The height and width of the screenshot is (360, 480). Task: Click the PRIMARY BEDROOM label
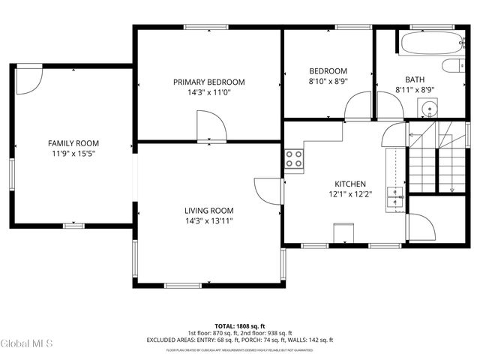(x=208, y=82)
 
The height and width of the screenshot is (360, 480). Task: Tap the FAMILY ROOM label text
(x=73, y=143)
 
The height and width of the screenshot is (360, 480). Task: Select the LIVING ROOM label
(x=209, y=211)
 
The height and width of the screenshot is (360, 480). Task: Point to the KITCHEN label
(x=349, y=184)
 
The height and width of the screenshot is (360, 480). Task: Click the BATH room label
(x=415, y=79)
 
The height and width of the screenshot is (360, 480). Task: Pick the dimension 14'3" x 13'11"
(x=209, y=220)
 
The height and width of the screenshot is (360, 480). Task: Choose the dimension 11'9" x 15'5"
(x=73, y=153)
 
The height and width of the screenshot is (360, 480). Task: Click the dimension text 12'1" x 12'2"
(x=349, y=193)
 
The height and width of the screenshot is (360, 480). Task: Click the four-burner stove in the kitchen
(x=294, y=160)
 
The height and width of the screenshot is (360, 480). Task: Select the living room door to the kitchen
(x=268, y=190)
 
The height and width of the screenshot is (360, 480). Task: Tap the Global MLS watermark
(x=27, y=344)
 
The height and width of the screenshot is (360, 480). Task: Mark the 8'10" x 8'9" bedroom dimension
(x=328, y=81)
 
